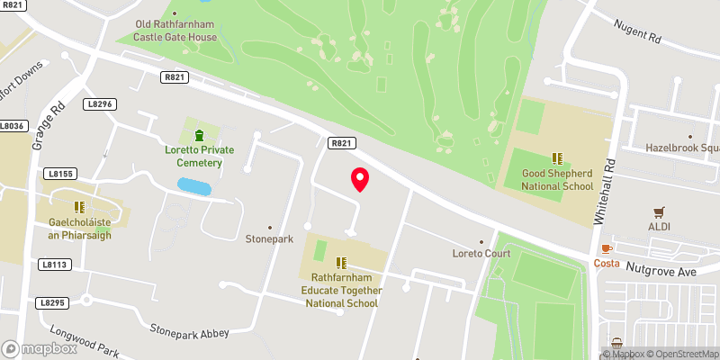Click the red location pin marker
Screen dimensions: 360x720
(x=360, y=179)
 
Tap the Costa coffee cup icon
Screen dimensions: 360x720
(x=607, y=247)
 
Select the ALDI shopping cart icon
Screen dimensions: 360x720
(x=661, y=212)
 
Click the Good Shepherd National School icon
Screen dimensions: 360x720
(x=557, y=157)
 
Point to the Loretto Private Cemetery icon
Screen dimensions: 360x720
(x=211, y=134)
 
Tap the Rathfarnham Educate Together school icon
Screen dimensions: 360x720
(x=341, y=263)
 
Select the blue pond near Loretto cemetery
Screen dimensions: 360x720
(x=194, y=186)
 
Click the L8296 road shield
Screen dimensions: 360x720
(x=101, y=105)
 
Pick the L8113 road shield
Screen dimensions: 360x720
(x=55, y=265)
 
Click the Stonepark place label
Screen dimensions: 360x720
(x=269, y=239)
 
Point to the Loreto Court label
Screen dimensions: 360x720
(x=481, y=253)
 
